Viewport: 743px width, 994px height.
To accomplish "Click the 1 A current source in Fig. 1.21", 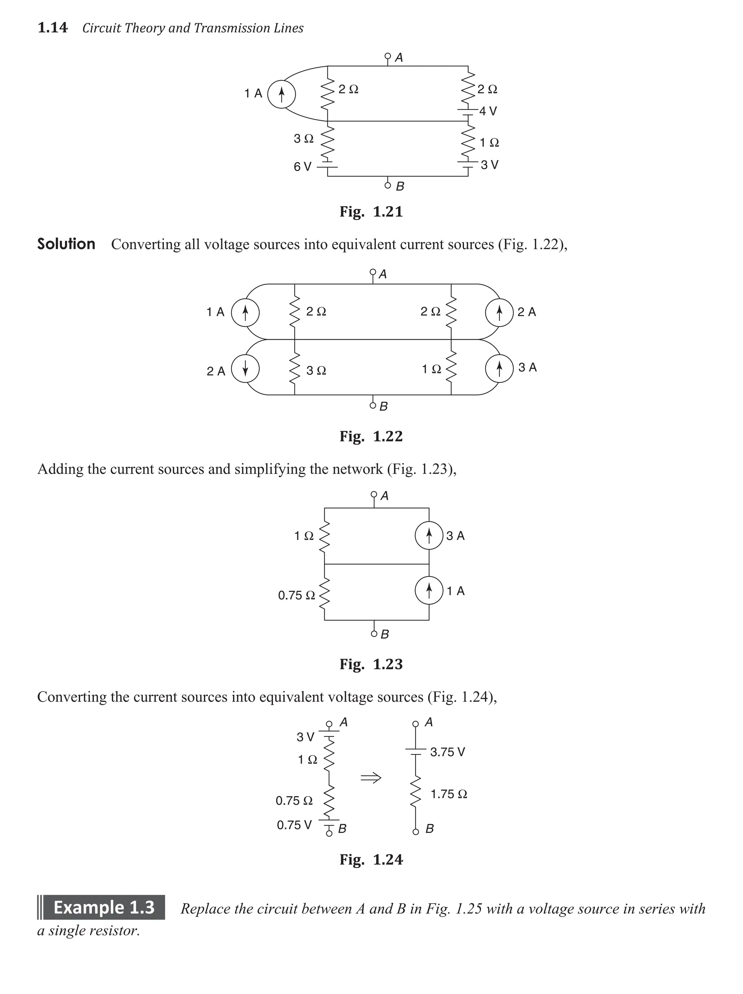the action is click(281, 94).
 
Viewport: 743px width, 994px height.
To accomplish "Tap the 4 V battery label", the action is click(488, 111).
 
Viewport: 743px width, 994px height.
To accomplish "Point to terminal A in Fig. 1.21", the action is click(388, 57).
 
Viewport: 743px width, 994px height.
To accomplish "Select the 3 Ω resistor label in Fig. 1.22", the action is click(316, 371).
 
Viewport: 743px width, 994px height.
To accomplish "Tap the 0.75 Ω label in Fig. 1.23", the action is click(296, 596).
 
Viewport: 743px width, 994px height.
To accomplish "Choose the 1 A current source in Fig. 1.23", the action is click(429, 590).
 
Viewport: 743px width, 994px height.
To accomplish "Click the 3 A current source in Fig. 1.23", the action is click(429, 535).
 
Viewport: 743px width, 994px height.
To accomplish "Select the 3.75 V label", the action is click(447, 752).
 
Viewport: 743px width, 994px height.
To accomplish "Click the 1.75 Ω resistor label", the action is click(449, 794).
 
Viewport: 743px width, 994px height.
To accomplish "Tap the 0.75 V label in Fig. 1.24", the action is click(294, 825).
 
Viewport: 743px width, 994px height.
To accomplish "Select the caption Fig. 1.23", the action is click(371, 664).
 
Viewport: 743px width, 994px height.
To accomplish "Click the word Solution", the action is click(66, 244).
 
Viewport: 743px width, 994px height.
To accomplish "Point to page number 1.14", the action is click(53, 28).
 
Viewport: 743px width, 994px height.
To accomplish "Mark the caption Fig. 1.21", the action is click(371, 211).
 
